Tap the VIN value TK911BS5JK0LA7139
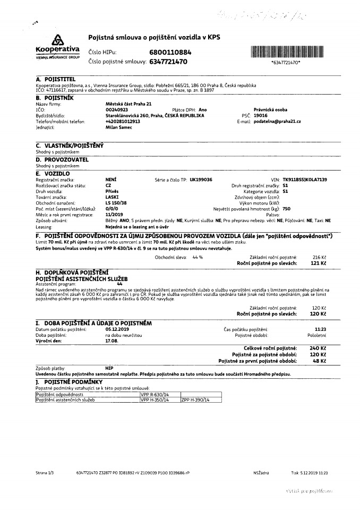pos(305,180)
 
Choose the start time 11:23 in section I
pos(320,330)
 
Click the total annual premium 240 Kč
pos(319,347)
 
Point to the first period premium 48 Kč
pos(320,361)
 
